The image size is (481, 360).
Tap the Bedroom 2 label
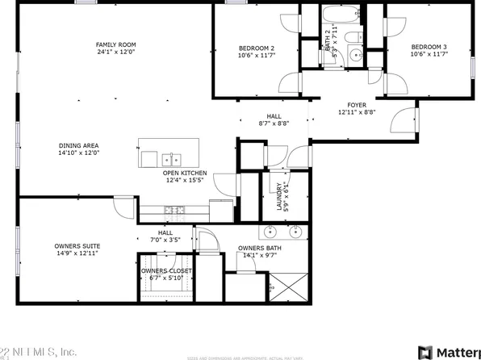(257, 47)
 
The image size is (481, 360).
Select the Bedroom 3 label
(429, 47)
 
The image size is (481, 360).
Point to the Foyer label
(357, 104)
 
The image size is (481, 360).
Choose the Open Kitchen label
(186, 173)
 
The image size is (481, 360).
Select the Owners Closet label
(168, 271)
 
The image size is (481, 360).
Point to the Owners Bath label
(260, 248)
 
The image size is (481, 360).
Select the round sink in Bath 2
(355, 56)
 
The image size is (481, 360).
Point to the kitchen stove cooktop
(175, 210)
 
